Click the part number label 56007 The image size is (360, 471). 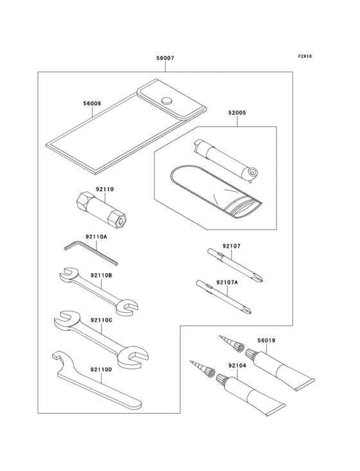click(x=165, y=58)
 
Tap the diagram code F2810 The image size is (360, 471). click(x=305, y=56)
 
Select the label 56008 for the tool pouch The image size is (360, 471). click(x=91, y=103)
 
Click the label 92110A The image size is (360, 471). click(x=96, y=237)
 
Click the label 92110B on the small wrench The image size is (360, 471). click(x=102, y=275)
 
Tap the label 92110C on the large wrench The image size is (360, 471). click(x=102, y=320)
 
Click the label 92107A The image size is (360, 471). click(x=227, y=282)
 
